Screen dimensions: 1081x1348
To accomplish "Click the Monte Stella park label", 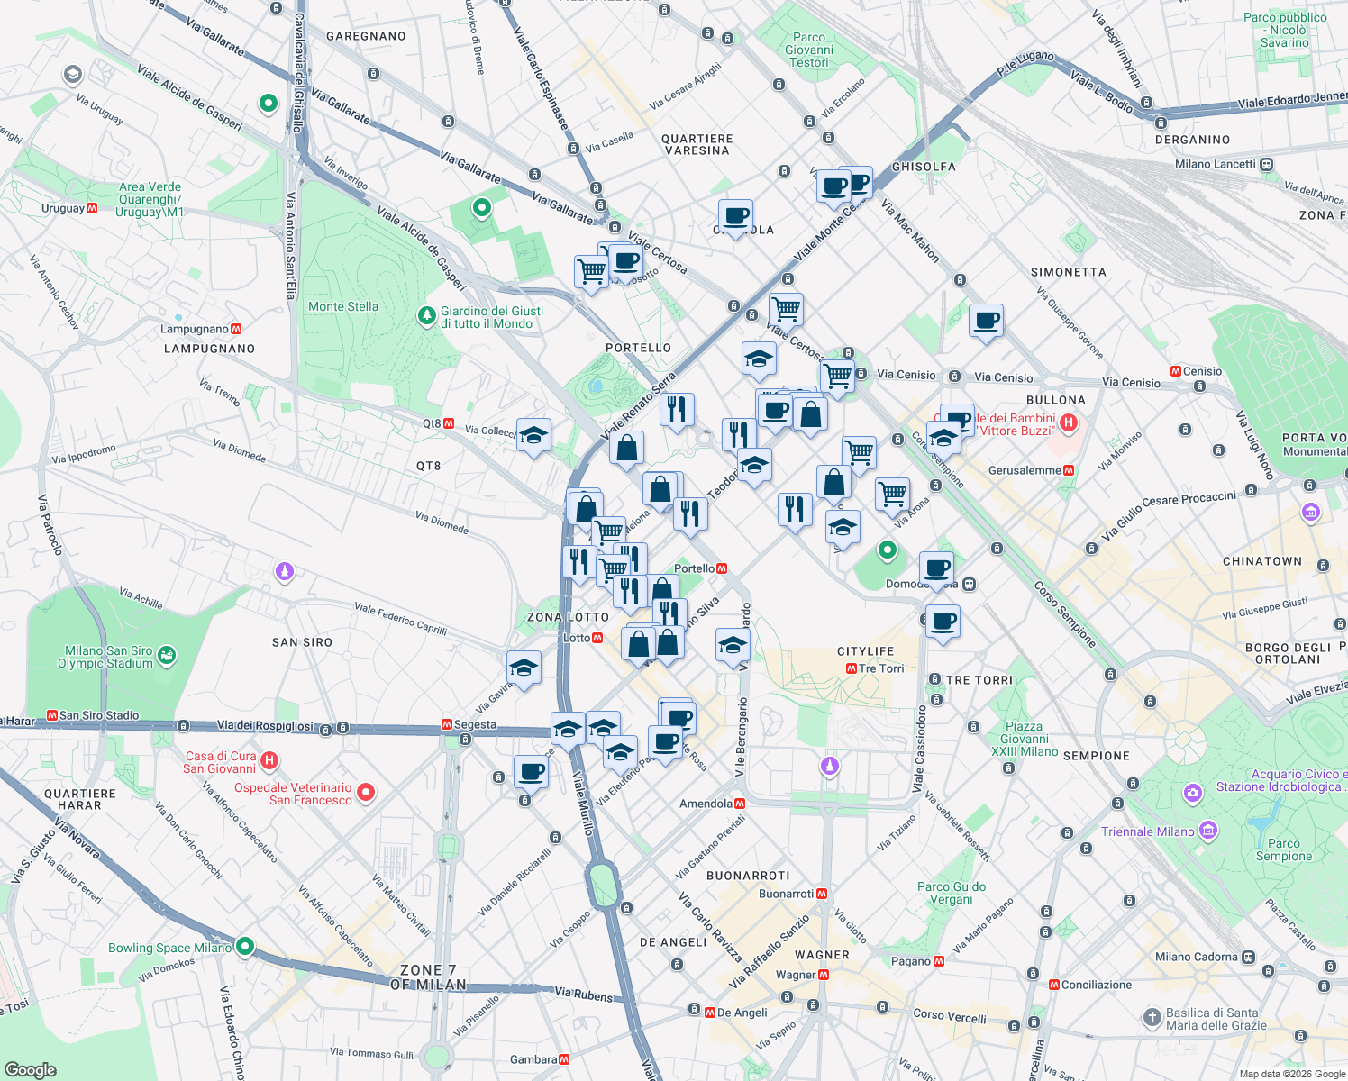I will coord(343,306).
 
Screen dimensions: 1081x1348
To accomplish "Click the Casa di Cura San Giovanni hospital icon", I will coord(269,762).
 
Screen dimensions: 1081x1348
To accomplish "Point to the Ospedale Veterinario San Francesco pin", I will coord(366,793).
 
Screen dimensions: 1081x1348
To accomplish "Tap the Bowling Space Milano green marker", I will coord(244,947).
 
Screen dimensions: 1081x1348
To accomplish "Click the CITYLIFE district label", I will coord(865,651).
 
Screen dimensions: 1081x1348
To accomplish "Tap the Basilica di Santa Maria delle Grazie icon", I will coord(1152,1018).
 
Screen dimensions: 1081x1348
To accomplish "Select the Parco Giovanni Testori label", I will coord(808,50).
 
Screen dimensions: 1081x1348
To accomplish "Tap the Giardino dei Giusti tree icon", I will coord(427,316).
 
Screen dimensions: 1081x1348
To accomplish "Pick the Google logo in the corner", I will coord(30,1069).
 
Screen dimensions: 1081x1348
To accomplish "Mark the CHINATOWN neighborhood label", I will coord(1261,561).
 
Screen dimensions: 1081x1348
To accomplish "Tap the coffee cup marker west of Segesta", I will coord(532,772).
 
